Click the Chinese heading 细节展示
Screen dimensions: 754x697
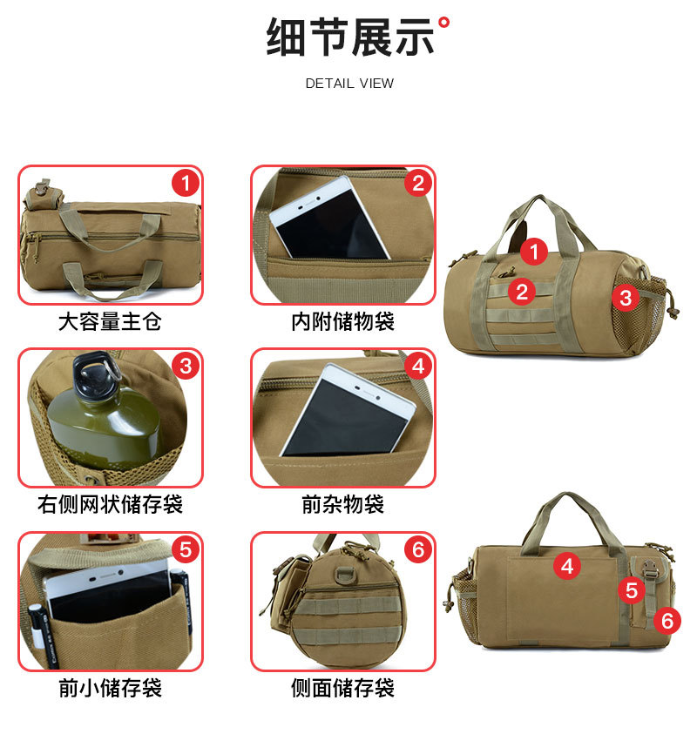349,37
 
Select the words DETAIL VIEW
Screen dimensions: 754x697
349,84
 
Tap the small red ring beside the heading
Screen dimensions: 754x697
444,21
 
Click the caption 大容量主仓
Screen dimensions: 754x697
110,321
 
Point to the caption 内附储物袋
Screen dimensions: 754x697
342,321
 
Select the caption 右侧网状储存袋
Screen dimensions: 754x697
110,504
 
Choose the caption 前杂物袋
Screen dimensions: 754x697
342,504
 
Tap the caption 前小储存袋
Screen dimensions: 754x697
110,688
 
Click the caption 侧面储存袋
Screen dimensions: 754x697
342,688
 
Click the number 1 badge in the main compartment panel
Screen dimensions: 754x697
185,183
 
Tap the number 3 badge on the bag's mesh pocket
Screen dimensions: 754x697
625,298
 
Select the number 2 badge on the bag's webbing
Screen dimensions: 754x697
522,292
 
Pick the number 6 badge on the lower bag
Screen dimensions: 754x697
667,620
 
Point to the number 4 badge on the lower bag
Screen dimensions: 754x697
567,567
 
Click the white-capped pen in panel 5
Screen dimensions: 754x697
37,618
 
